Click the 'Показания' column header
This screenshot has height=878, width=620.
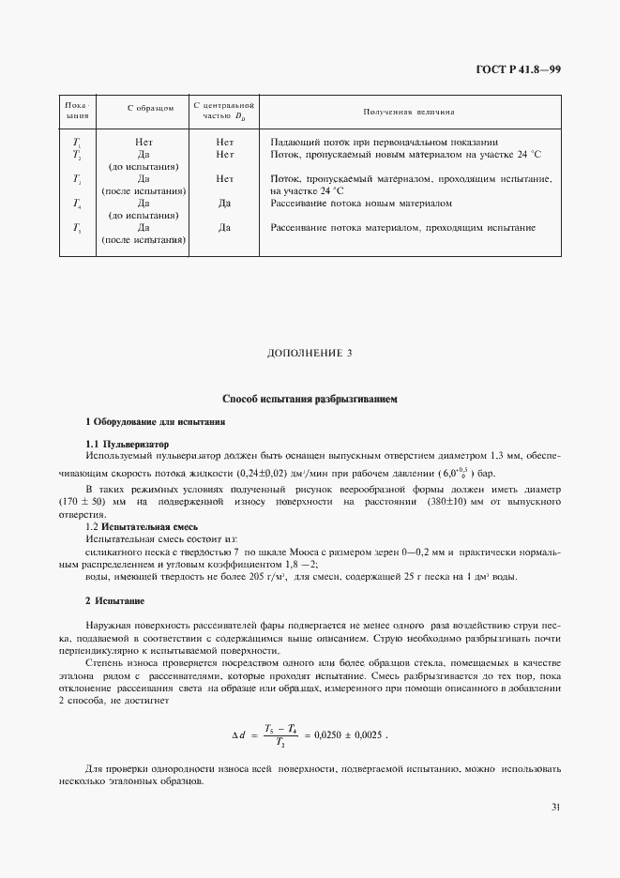point(77,111)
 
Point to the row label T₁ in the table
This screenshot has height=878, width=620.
point(77,142)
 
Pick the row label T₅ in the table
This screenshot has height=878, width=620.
point(77,228)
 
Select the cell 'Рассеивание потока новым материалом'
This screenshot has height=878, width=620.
point(361,203)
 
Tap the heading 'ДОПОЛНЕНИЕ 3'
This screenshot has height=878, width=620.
point(310,353)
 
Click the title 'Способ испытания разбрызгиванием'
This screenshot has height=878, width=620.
point(310,399)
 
